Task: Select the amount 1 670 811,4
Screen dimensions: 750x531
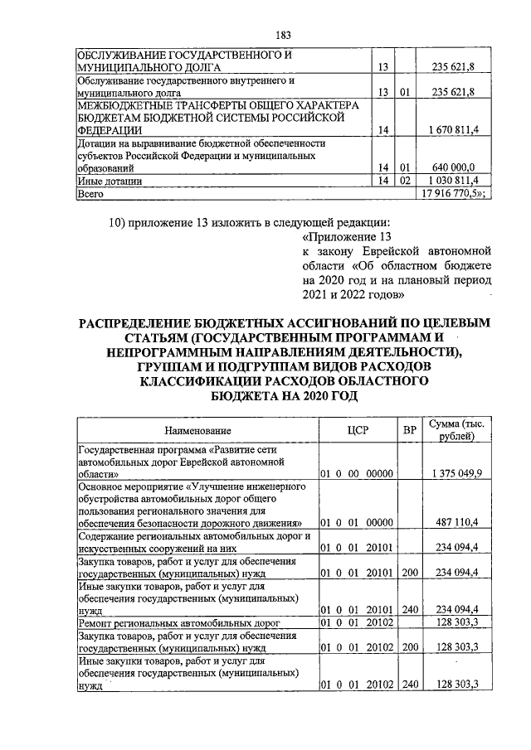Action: pyautogui.click(x=456, y=130)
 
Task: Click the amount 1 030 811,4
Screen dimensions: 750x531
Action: pyautogui.click(x=456, y=180)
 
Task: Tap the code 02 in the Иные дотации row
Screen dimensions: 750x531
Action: pyautogui.click(x=405, y=180)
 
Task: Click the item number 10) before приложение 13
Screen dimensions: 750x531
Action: pyautogui.click(x=120, y=222)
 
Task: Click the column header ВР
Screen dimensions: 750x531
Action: pyautogui.click(x=409, y=430)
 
